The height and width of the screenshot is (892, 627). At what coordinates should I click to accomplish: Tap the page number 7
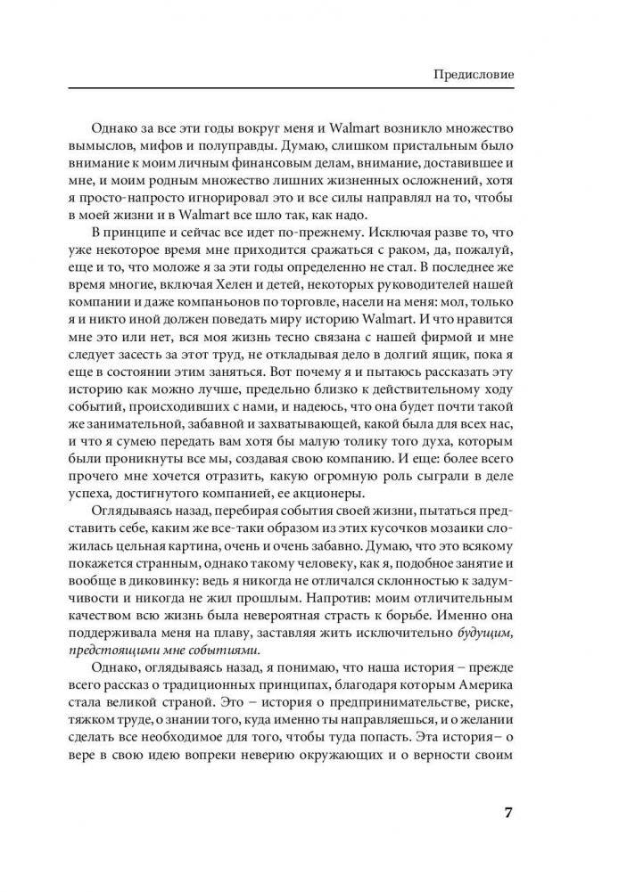(507, 814)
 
